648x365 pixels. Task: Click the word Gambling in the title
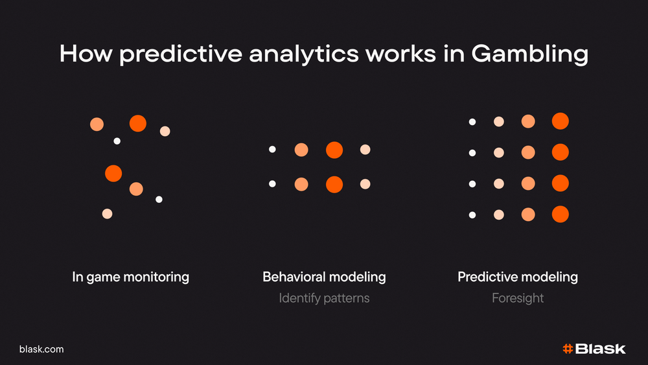click(x=529, y=54)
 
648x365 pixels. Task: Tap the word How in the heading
click(x=86, y=54)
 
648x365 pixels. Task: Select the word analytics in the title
click(x=304, y=54)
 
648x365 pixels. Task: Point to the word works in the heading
click(x=400, y=54)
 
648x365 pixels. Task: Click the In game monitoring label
click(x=131, y=277)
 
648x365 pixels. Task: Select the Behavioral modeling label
click(x=324, y=277)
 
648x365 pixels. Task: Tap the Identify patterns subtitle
click(x=324, y=298)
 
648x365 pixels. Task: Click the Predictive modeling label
click(x=517, y=277)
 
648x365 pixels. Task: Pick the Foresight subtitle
click(x=517, y=298)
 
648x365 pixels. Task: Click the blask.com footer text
click(x=41, y=349)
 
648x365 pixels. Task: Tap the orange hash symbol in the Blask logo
click(x=568, y=349)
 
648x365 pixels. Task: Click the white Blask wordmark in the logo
click(x=601, y=349)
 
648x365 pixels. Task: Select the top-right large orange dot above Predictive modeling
click(x=561, y=121)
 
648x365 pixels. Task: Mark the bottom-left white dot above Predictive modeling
click(x=472, y=215)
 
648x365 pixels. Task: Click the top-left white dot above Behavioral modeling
click(x=272, y=149)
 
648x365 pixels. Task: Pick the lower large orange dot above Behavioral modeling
click(x=334, y=184)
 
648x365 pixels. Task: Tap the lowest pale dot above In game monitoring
click(x=108, y=214)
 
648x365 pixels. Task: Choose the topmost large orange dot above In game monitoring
click(x=138, y=124)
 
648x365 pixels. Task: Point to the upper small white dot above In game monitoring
click(x=117, y=141)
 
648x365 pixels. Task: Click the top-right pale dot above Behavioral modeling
click(x=365, y=150)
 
